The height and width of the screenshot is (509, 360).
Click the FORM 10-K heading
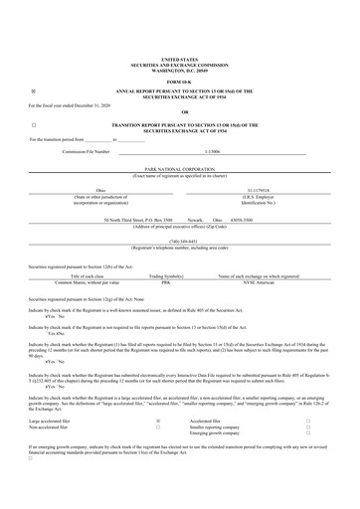[x=179, y=81]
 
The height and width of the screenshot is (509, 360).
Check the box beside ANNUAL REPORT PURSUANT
[x=34, y=88]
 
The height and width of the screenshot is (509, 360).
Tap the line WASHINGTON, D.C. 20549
[x=179, y=71]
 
